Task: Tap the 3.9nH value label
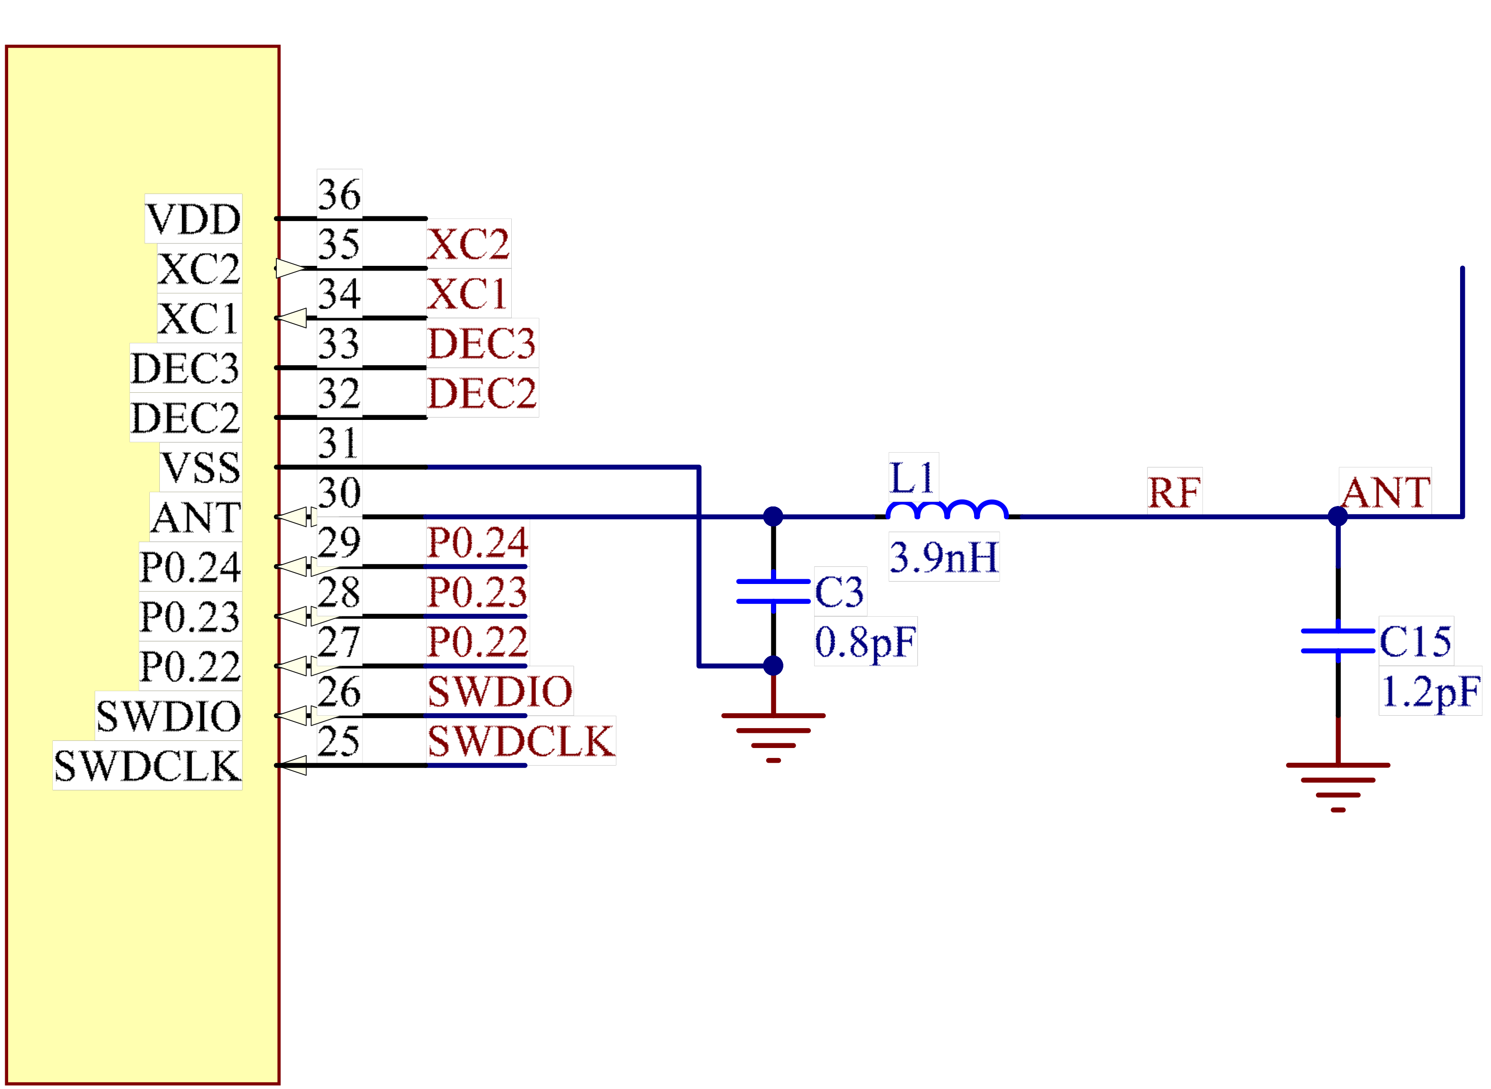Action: pyautogui.click(x=944, y=557)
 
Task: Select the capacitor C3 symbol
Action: pyautogui.click(x=773, y=591)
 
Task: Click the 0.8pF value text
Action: pyautogui.click(x=866, y=642)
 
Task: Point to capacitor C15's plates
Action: pyautogui.click(x=1338, y=641)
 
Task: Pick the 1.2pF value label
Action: pyautogui.click(x=1430, y=691)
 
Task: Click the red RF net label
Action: pyautogui.click(x=1175, y=492)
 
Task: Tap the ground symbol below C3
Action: pyautogui.click(x=773, y=738)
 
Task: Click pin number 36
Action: pyautogui.click(x=340, y=194)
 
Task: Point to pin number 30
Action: pyautogui.click(x=340, y=492)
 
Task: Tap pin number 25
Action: pyautogui.click(x=340, y=741)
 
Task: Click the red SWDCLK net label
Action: pyautogui.click(x=521, y=741)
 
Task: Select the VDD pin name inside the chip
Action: pyautogui.click(x=193, y=219)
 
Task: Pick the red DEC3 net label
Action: pyautogui.click(x=482, y=343)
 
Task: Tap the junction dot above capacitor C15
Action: pyautogui.click(x=1338, y=516)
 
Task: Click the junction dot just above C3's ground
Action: pyautogui.click(x=773, y=665)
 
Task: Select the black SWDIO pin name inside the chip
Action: pyautogui.click(x=169, y=716)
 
